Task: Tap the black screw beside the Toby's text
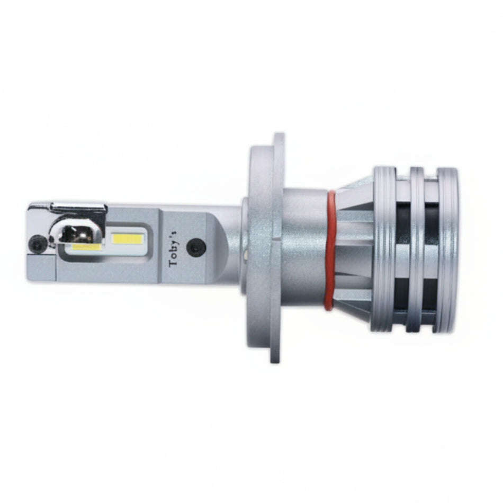pos(196,247)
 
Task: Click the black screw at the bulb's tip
pos(37,243)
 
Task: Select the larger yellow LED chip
pos(128,239)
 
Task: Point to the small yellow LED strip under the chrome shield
pos(86,247)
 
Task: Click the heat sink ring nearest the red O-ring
pos(384,249)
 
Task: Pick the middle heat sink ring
pos(416,249)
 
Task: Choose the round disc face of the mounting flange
pos(259,249)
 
